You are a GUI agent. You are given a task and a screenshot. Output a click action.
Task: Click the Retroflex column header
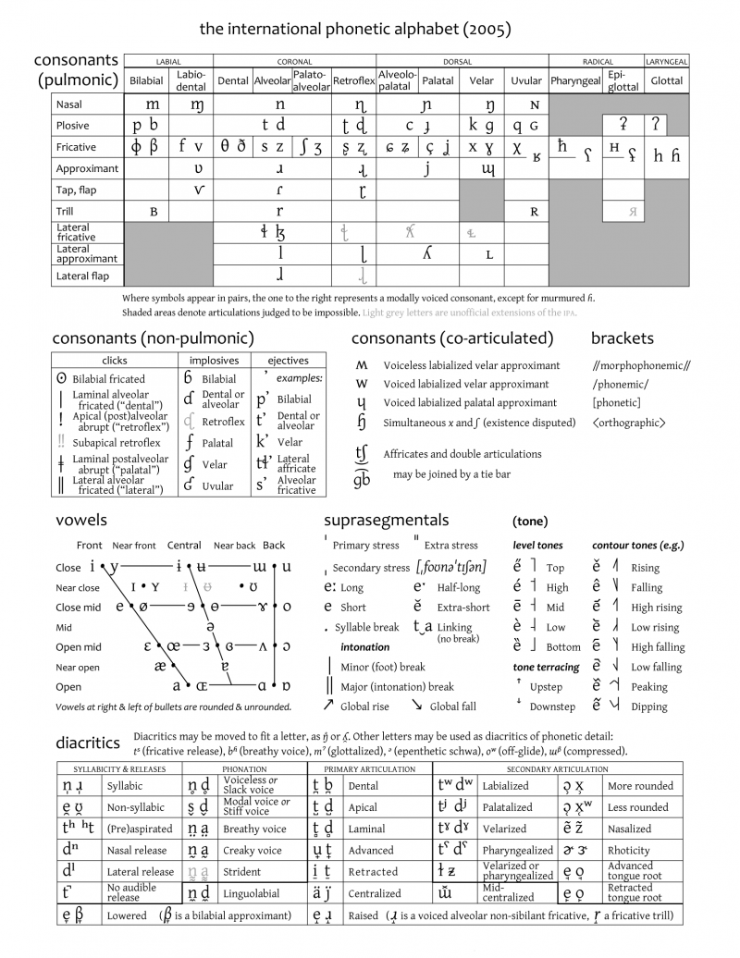tap(353, 80)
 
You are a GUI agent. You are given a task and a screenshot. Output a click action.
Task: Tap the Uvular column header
tap(526, 80)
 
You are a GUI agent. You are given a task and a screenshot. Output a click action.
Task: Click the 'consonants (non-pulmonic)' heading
tap(153, 338)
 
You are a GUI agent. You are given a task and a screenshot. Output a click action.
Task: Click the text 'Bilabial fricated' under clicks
tap(108, 378)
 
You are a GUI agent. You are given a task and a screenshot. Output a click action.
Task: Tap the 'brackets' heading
tap(622, 338)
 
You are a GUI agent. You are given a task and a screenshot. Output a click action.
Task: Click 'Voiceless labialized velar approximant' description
tap(471, 365)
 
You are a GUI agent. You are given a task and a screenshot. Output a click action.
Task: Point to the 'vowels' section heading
tap(81, 520)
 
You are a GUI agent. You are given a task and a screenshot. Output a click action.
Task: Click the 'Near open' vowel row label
tap(77, 667)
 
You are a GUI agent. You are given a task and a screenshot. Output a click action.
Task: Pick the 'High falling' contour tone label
tap(658, 647)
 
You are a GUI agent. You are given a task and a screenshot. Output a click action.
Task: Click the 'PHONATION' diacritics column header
tap(245, 769)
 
